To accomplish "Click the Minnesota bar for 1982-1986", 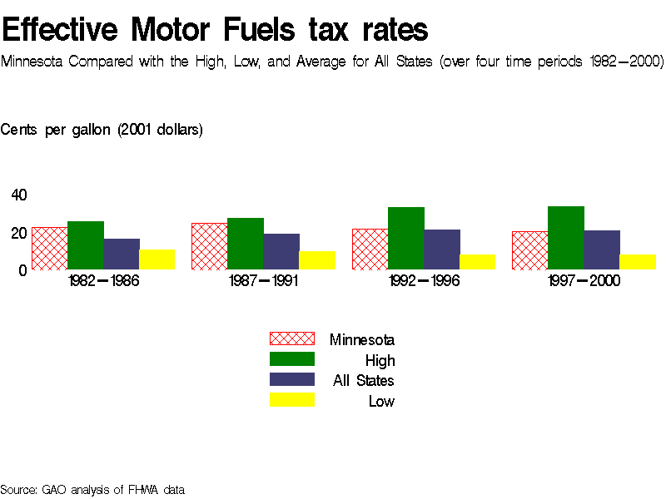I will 49,248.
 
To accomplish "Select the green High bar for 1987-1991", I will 246,244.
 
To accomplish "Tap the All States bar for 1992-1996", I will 442,249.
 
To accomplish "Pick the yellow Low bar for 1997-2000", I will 638,262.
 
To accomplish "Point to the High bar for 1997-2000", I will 566,238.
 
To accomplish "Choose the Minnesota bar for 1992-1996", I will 370,249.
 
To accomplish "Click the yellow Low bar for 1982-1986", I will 157,259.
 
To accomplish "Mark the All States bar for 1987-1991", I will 281,251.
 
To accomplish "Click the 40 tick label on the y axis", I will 19,195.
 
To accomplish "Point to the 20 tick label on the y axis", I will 19,233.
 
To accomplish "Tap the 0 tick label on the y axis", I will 23,269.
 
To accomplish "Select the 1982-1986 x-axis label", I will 103,281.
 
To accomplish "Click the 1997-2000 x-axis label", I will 584,281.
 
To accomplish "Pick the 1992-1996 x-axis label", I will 424,281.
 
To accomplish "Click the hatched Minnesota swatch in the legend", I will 291,338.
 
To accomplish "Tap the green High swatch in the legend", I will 291,359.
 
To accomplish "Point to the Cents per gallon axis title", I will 102,130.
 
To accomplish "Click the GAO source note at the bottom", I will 92,490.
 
